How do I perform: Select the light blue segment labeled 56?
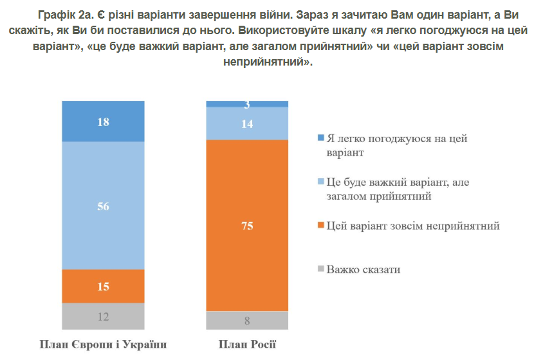pyautogui.click(x=103, y=206)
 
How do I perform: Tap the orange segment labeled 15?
pyautogui.click(x=103, y=286)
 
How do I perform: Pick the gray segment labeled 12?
pyautogui.click(x=103, y=316)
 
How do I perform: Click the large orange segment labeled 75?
pyautogui.click(x=247, y=225)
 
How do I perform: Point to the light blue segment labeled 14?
pyautogui.click(x=247, y=123)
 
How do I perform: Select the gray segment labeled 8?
pyautogui.click(x=247, y=320)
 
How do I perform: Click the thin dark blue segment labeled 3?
pyautogui.click(x=247, y=104)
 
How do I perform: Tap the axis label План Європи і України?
pyautogui.click(x=103, y=345)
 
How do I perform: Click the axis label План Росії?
pyautogui.click(x=247, y=345)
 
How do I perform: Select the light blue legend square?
pyautogui.click(x=322, y=183)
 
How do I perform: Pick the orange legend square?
pyautogui.click(x=322, y=226)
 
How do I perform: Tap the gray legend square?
pyautogui.click(x=322, y=269)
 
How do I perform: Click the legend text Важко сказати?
pyautogui.click(x=364, y=269)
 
